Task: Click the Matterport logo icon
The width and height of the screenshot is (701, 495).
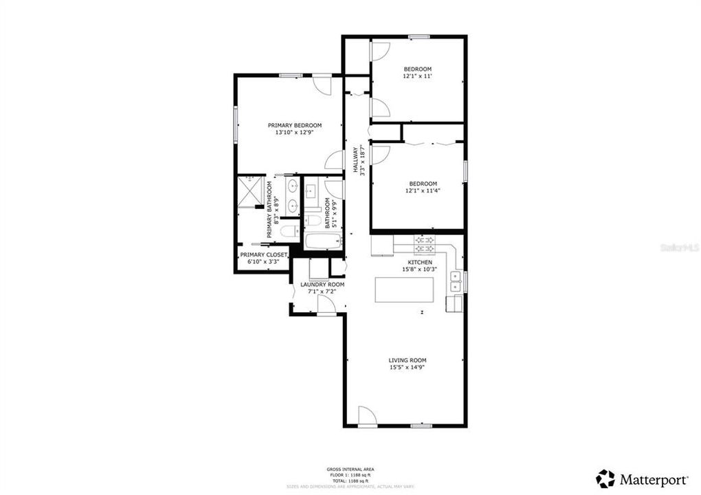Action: click(605, 478)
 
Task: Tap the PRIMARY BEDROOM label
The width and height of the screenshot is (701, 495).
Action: click(294, 125)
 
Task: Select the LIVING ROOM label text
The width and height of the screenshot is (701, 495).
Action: click(408, 360)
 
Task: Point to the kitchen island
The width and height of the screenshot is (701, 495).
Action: click(405, 290)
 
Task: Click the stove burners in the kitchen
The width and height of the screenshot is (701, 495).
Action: click(424, 243)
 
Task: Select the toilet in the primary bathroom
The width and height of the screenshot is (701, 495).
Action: click(287, 231)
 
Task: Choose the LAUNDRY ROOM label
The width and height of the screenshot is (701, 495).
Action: click(322, 284)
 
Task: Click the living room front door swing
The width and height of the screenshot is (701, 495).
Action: click(366, 417)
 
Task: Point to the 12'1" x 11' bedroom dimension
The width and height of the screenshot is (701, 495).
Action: click(417, 76)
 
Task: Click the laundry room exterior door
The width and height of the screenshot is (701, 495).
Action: click(326, 307)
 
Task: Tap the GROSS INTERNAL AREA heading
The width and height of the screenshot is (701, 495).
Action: click(350, 469)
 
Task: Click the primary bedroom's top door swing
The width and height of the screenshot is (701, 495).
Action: click(322, 84)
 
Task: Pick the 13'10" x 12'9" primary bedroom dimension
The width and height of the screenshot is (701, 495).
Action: click(294, 133)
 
